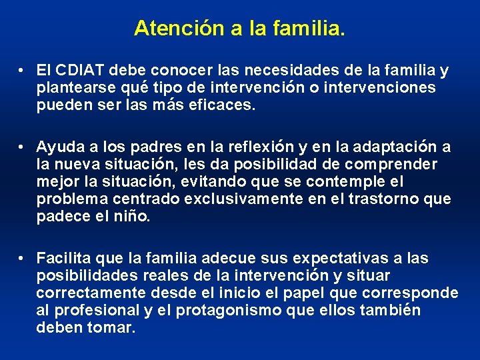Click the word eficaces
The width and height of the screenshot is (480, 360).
tap(224, 105)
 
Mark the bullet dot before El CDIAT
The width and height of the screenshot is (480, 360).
tap(22, 70)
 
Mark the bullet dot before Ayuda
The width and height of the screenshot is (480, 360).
tap(22, 147)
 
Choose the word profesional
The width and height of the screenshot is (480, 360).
tap(95, 310)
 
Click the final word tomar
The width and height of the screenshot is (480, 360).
tap(111, 327)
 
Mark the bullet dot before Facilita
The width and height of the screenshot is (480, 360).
tap(22, 258)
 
